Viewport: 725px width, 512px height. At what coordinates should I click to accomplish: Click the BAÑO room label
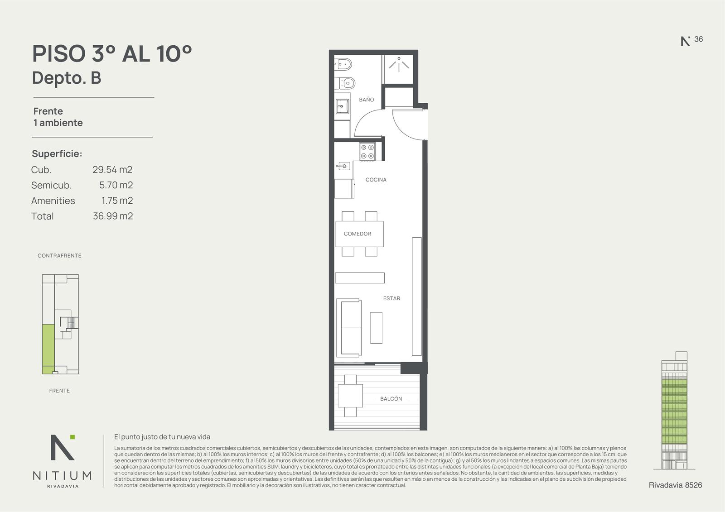pyautogui.click(x=367, y=100)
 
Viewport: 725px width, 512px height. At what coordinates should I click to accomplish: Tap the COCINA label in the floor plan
pyautogui.click(x=376, y=180)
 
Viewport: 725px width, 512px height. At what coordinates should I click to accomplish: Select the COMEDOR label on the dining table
pyautogui.click(x=358, y=234)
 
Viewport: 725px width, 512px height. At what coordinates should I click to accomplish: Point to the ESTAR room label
pyautogui.click(x=391, y=298)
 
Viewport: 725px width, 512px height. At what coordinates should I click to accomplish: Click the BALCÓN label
pyautogui.click(x=391, y=399)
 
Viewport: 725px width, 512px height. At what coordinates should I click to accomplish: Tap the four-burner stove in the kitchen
pyautogui.click(x=367, y=151)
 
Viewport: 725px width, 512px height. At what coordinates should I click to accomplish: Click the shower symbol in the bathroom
pyautogui.click(x=399, y=65)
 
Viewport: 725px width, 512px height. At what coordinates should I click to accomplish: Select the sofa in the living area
pyautogui.click(x=349, y=327)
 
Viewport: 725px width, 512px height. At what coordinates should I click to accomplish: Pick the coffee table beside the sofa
pyautogui.click(x=376, y=328)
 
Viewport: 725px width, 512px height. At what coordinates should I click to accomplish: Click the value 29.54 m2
pyautogui.click(x=112, y=169)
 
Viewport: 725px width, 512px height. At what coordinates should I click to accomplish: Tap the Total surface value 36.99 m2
pyautogui.click(x=113, y=216)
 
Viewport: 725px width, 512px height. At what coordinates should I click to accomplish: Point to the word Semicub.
pyautogui.click(x=51, y=185)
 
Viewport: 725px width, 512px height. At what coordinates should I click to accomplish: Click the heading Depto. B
pyautogui.click(x=67, y=78)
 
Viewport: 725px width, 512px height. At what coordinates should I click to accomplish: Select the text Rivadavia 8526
pyautogui.click(x=676, y=485)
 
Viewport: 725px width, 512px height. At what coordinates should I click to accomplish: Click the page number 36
pyautogui.click(x=698, y=39)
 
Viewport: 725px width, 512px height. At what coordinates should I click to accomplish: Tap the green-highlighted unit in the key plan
pyautogui.click(x=48, y=349)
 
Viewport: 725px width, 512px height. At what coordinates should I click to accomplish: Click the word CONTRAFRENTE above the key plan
pyautogui.click(x=59, y=255)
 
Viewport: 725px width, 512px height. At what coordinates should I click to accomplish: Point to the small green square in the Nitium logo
pyautogui.click(x=72, y=437)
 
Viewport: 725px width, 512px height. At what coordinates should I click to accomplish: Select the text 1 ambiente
pyautogui.click(x=58, y=123)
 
